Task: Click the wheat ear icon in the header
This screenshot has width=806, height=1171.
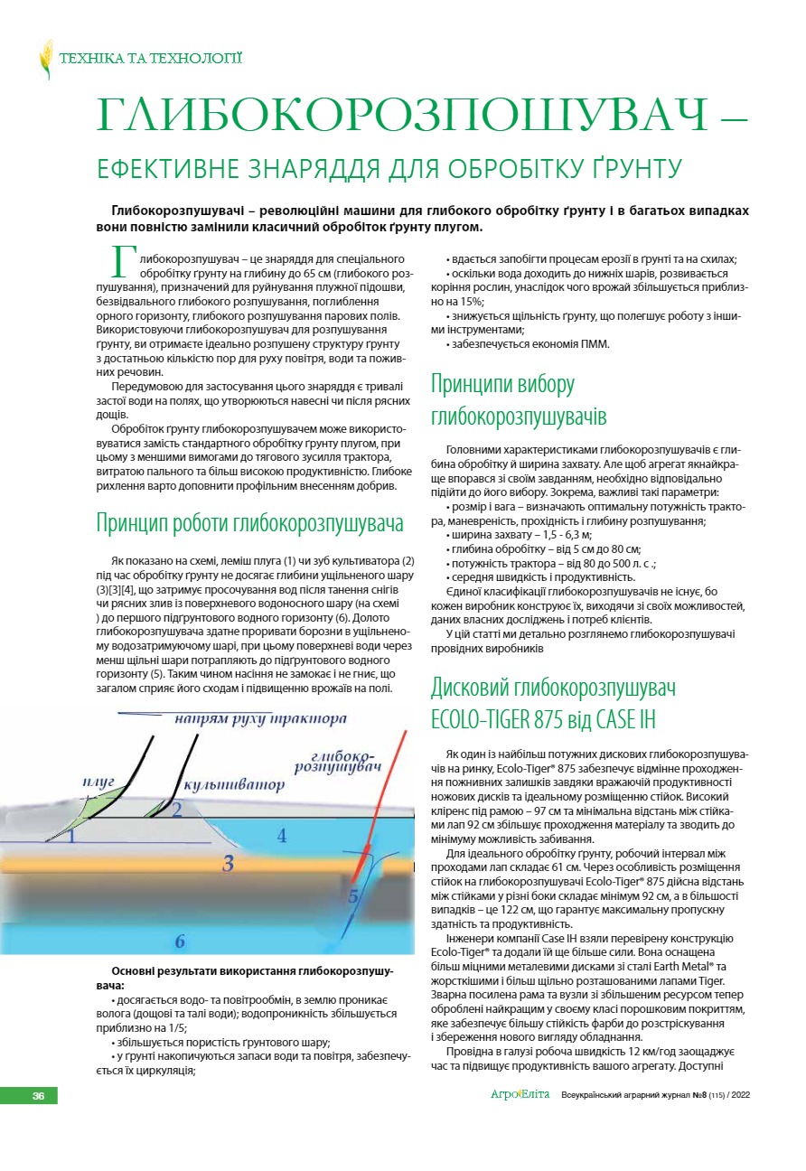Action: tap(45, 60)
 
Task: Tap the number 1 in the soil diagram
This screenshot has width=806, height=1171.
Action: tap(71, 836)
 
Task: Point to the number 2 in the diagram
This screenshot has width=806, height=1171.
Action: tap(177, 810)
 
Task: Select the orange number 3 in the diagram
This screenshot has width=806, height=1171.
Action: tap(229, 863)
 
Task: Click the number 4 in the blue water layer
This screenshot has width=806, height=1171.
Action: tap(282, 836)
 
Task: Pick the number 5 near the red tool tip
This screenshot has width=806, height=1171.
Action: tap(352, 896)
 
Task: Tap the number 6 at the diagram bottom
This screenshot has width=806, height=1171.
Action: tap(180, 941)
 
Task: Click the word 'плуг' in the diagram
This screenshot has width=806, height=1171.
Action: tap(98, 780)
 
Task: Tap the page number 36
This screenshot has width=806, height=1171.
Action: tap(39, 1095)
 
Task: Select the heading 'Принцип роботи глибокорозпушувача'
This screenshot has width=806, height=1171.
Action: tap(249, 524)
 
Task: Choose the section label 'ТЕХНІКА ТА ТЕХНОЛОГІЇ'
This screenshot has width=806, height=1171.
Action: tap(150, 60)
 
